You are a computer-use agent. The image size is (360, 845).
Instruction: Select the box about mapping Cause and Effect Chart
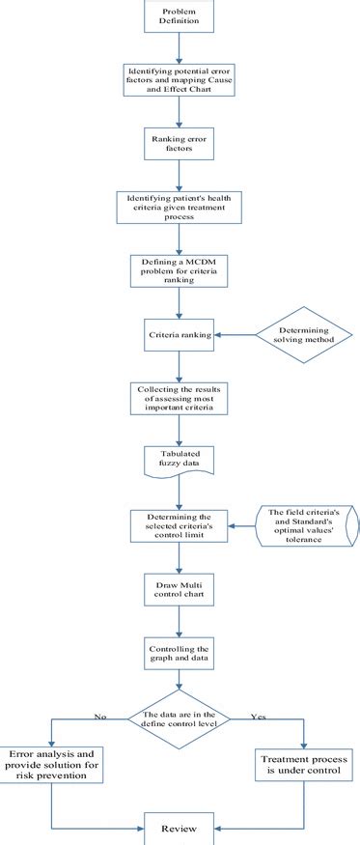[x=179, y=77]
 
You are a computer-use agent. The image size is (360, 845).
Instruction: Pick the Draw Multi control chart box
[x=179, y=590]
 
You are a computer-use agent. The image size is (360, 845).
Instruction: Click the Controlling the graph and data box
[x=179, y=652]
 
